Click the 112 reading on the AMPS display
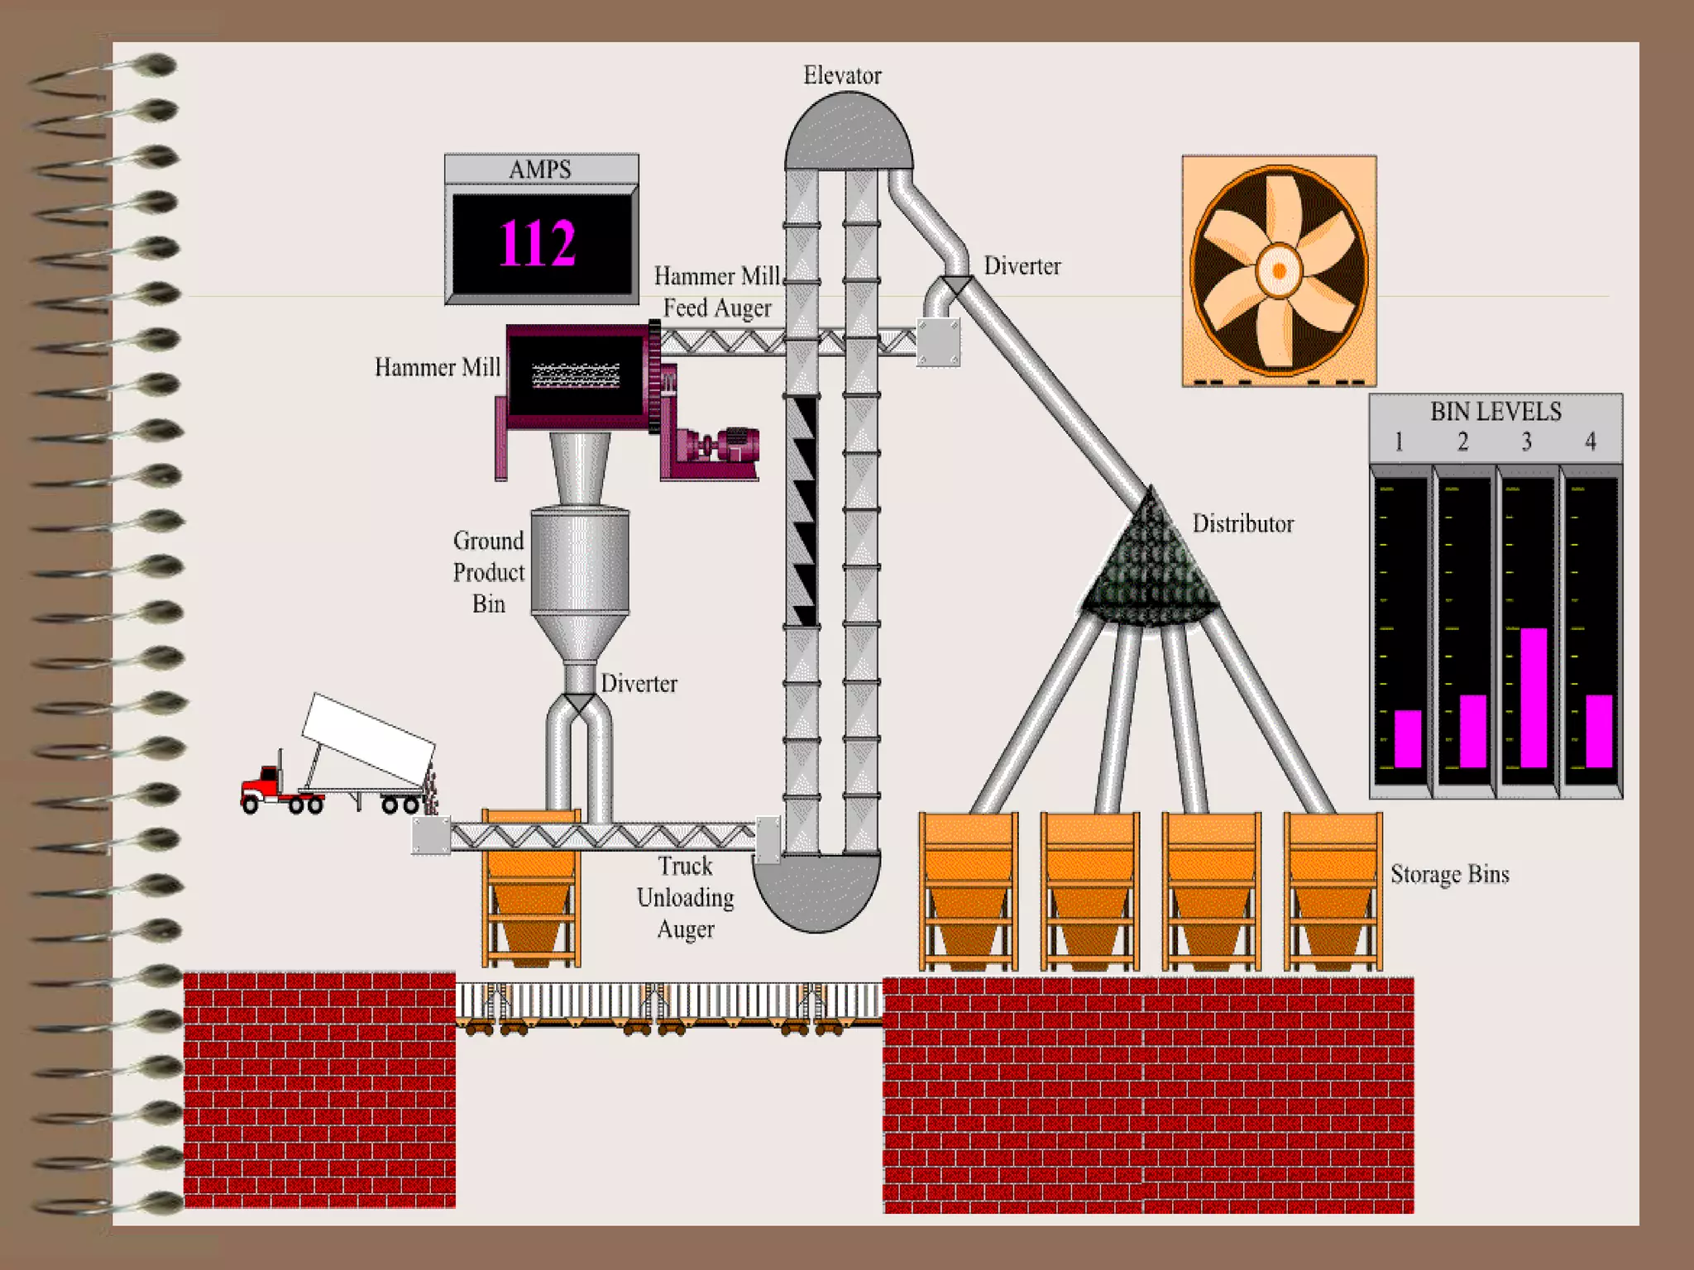538,244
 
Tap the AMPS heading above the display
540,169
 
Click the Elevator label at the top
842,75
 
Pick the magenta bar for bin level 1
1408,738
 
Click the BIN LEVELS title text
1495,412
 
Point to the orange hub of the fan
1279,270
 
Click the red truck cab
263,785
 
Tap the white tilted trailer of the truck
368,738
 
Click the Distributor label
1242,523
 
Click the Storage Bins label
1449,874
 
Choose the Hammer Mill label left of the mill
437,367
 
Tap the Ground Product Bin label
489,572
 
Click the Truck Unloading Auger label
686,897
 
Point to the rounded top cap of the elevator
849,132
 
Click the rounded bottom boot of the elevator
817,893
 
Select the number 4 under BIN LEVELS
1590,442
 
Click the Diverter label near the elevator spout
1022,266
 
